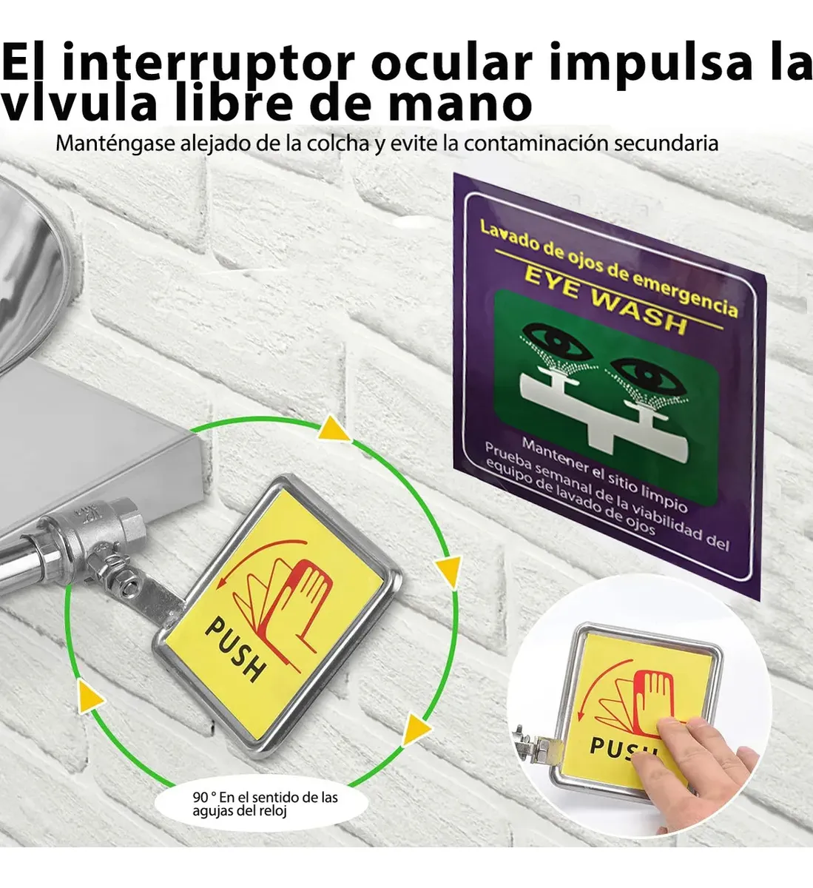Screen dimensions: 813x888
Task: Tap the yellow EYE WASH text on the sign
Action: click(x=606, y=303)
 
